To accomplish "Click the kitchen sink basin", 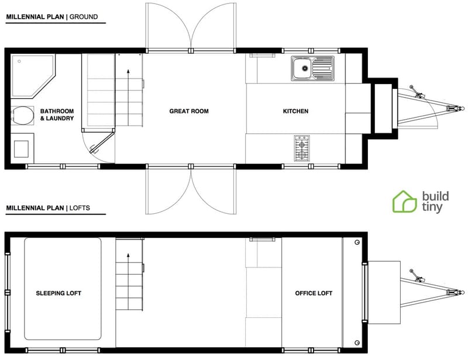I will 304,69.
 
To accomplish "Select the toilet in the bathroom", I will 22,115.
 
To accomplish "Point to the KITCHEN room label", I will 295,111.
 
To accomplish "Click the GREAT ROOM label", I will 188,111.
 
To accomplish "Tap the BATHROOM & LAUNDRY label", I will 57,115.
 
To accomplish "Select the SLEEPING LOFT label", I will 58,293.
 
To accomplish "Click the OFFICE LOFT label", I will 314,293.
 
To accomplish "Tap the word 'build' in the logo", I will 433,196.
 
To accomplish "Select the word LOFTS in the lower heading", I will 80,208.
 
